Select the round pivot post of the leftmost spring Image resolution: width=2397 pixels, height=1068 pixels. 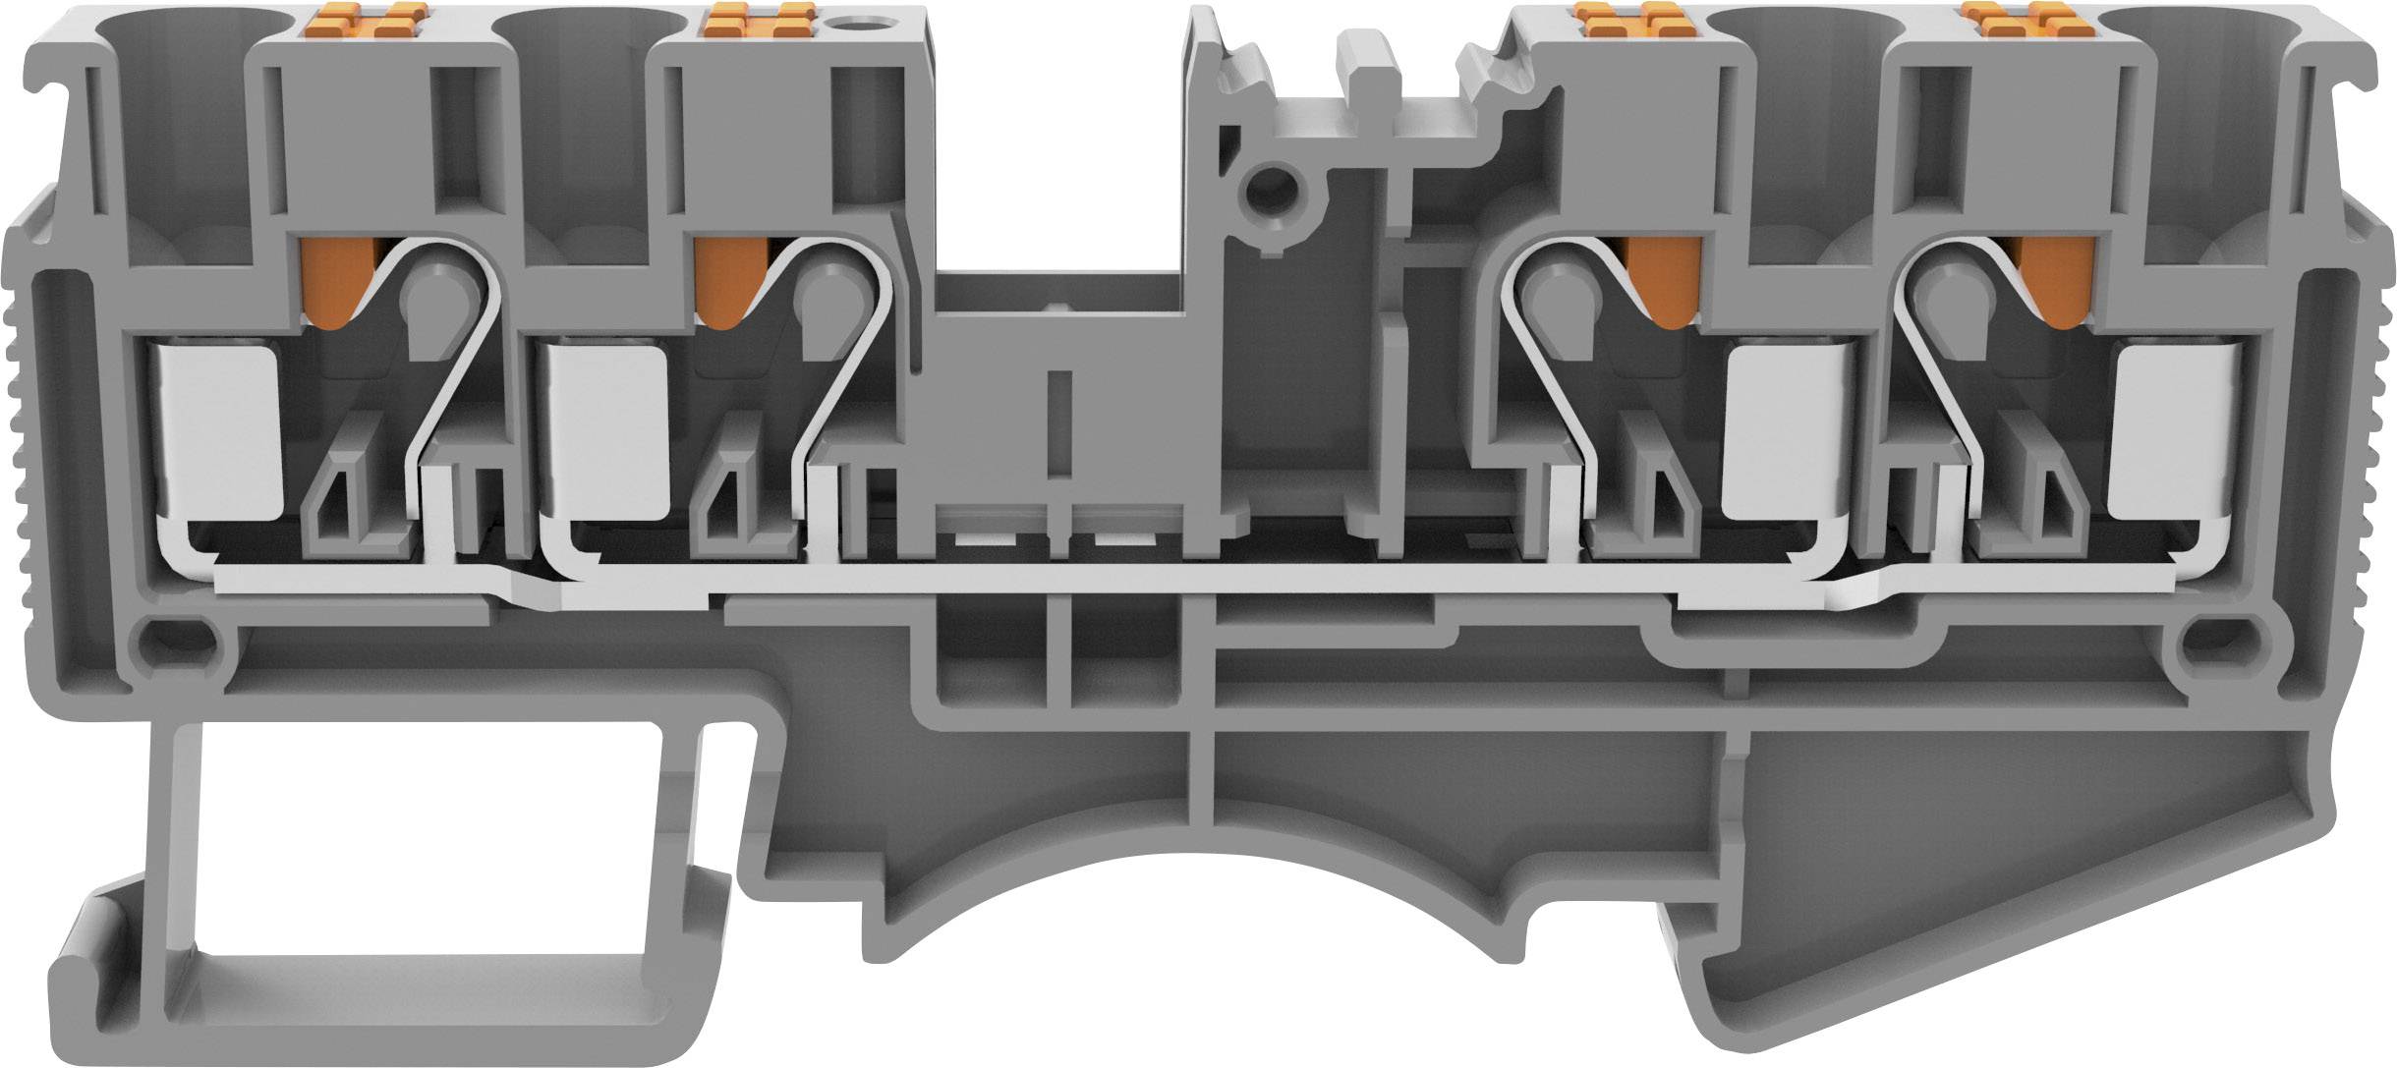coord(432,295)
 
